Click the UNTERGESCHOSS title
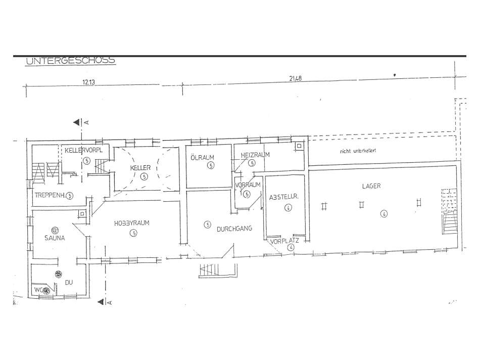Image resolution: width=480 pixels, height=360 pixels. pyautogui.click(x=70, y=61)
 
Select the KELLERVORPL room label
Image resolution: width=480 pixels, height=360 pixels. pyautogui.click(x=84, y=151)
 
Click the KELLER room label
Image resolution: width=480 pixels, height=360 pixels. pyautogui.click(x=140, y=167)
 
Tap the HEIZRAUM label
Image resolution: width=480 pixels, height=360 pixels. pyautogui.click(x=255, y=155)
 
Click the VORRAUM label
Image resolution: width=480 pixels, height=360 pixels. pyautogui.click(x=248, y=185)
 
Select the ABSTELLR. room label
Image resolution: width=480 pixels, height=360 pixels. pyautogui.click(x=285, y=198)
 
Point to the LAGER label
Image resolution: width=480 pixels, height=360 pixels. pyautogui.click(x=371, y=186)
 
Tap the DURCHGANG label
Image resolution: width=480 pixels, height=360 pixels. pyautogui.click(x=234, y=229)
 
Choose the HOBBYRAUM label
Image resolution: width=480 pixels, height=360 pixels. pyautogui.click(x=131, y=223)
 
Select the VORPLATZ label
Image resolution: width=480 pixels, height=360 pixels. pyautogui.click(x=284, y=241)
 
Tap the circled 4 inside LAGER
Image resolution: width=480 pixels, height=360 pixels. pyautogui.click(x=384, y=213)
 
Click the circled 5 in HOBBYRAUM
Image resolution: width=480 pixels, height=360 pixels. pyautogui.click(x=133, y=233)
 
